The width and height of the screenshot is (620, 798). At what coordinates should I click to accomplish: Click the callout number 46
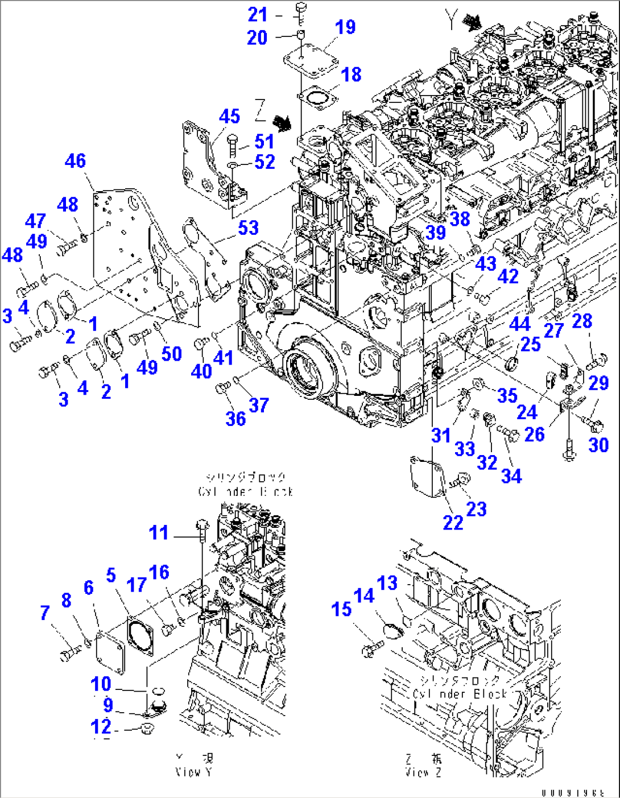[x=76, y=161]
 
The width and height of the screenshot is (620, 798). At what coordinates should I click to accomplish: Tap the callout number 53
[x=248, y=228]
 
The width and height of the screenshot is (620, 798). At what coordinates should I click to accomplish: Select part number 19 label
[x=345, y=27]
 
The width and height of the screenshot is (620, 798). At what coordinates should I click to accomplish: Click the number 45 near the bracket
[x=229, y=117]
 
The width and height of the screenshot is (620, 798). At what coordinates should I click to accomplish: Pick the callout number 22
[x=453, y=522]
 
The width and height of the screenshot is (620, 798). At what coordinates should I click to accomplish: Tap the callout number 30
[x=598, y=445]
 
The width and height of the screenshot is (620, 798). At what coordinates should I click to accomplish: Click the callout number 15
[x=341, y=609]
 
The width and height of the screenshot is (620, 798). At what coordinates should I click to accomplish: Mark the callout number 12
[x=101, y=726]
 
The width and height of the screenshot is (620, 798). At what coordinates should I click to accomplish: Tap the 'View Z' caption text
[x=423, y=772]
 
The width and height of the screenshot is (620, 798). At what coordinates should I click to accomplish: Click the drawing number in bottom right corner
[x=580, y=792]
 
